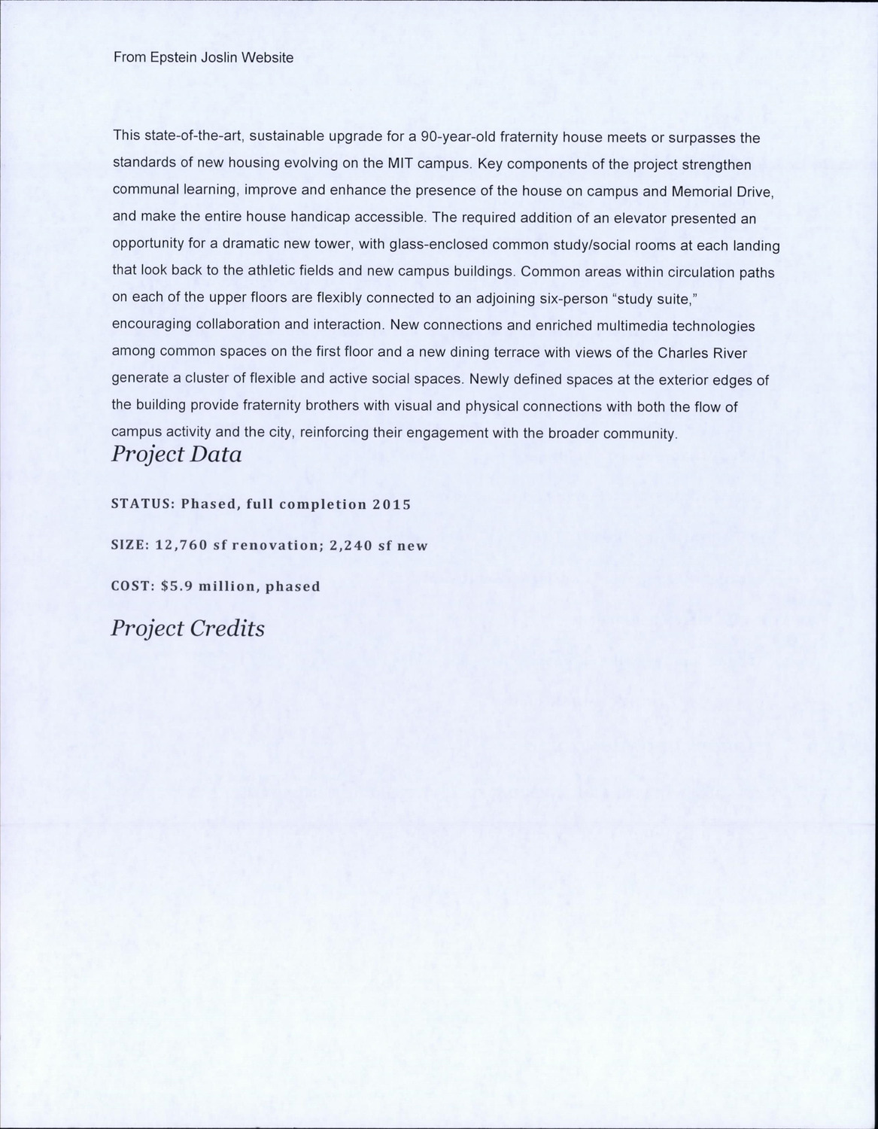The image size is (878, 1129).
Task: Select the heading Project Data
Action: coord(176,455)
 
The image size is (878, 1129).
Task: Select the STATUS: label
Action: coord(143,504)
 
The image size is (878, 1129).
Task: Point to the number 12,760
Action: coord(181,545)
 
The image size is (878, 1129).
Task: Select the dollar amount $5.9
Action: coord(177,586)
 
